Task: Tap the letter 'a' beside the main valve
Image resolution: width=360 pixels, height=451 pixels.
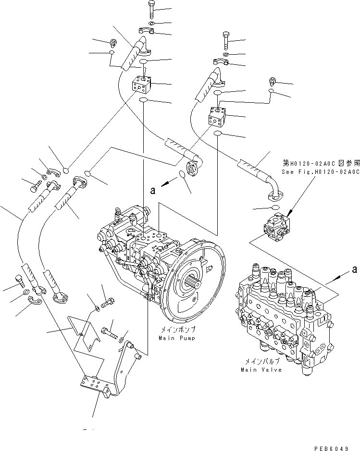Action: coord(355,270)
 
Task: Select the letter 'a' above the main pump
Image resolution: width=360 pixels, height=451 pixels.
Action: coord(152,191)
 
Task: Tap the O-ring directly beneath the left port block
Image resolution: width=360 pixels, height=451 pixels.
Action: coord(143,100)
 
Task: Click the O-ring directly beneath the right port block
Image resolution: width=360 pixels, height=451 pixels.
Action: coord(218,133)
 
